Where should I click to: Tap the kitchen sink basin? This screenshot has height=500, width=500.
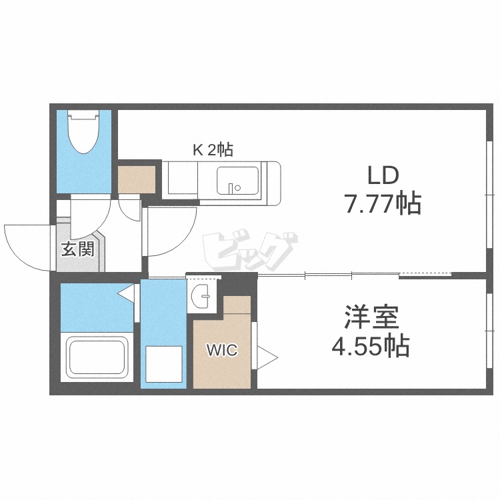[x=237, y=181]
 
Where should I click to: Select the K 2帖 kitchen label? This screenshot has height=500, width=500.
[x=213, y=150]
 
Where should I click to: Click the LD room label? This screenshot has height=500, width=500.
[x=383, y=175]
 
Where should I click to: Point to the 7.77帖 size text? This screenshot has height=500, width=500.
[x=383, y=203]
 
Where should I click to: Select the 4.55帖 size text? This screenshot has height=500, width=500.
[x=371, y=345]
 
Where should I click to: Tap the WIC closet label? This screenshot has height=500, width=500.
[x=222, y=350]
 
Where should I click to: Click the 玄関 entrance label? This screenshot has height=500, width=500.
[x=78, y=249]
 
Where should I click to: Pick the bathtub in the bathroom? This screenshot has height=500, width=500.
[x=97, y=357]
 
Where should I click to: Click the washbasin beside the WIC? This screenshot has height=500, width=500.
[x=201, y=296]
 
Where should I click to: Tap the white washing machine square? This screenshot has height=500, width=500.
[x=164, y=364]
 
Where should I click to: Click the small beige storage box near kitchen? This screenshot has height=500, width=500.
[x=137, y=179]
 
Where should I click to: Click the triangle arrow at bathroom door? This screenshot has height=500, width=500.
[x=126, y=293]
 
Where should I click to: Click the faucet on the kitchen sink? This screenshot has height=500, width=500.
[x=231, y=189]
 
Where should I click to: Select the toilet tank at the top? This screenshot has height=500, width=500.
[x=84, y=115]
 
